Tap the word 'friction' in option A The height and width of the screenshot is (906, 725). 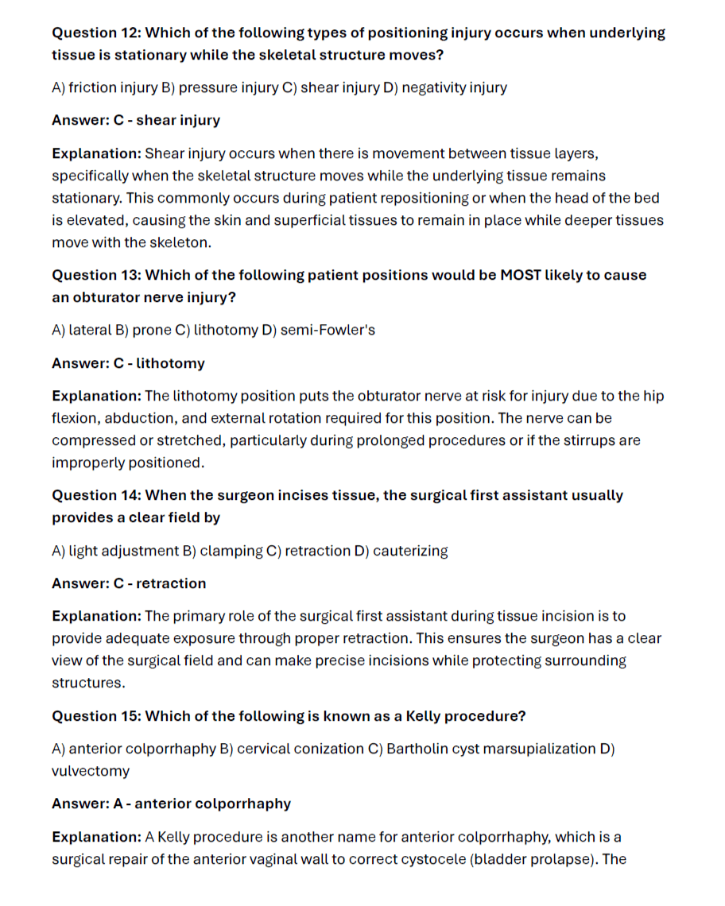92,87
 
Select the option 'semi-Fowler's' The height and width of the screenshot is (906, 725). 328,330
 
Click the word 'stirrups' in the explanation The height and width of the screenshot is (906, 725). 576,440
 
